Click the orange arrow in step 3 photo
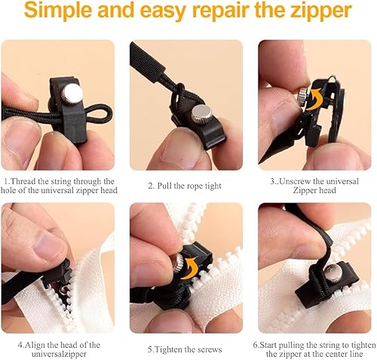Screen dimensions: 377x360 click(x=315, y=100)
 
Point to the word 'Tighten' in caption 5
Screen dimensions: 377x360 click(x=167, y=349)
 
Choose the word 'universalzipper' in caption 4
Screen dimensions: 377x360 click(x=59, y=354)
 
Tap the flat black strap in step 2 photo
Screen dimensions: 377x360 click(x=146, y=57)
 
